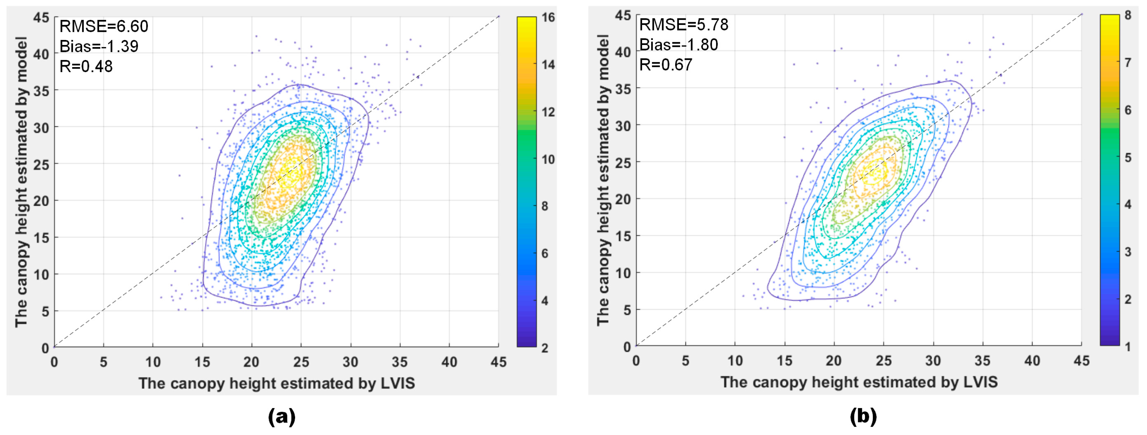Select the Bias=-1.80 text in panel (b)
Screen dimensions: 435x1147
point(678,45)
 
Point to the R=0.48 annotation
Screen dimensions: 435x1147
point(86,66)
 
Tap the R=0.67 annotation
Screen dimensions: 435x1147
point(666,65)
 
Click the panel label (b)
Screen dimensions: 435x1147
point(863,417)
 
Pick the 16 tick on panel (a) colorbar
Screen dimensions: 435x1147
point(548,17)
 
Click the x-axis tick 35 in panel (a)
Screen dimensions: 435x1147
point(399,362)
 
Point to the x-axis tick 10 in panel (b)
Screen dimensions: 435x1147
point(735,361)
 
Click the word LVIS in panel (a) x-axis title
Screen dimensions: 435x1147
point(398,383)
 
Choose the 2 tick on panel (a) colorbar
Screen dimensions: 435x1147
point(545,348)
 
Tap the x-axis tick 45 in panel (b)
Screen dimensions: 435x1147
point(1081,361)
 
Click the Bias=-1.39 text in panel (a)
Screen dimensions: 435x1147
point(99,46)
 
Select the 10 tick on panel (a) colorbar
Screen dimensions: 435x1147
point(548,159)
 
